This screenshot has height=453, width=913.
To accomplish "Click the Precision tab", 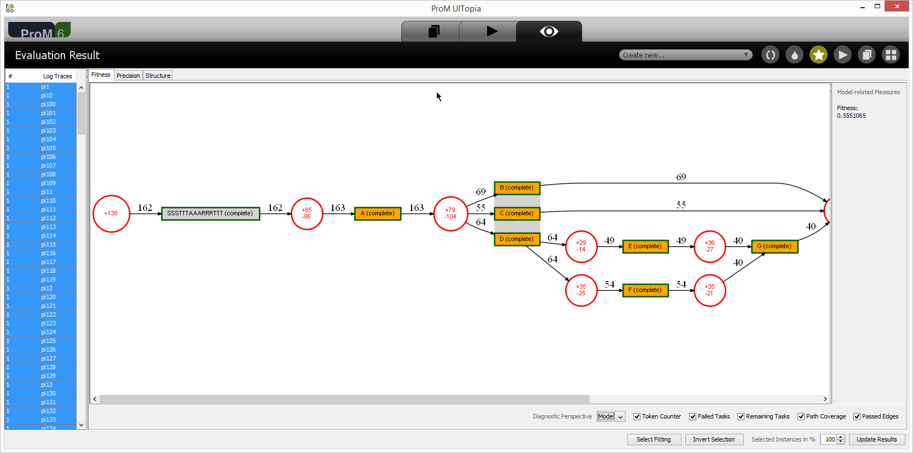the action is click(x=128, y=76).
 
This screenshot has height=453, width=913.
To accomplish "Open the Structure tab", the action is click(x=158, y=76).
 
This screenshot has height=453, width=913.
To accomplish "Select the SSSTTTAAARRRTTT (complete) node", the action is click(x=210, y=213).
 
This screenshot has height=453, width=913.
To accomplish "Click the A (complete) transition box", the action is click(x=378, y=213).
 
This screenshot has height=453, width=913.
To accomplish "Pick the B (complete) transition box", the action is click(x=517, y=188).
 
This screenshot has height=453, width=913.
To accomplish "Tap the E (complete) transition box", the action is click(x=645, y=246).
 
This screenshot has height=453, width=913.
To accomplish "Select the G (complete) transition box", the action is click(x=775, y=246).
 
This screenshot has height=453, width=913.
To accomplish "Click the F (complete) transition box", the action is click(x=645, y=290).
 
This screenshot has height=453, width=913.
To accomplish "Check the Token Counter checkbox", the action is click(x=637, y=416).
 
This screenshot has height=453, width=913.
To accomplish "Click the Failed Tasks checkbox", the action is click(x=692, y=416).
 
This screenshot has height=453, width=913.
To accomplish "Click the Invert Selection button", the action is click(x=714, y=439).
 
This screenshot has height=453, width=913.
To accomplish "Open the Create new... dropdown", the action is click(x=685, y=55).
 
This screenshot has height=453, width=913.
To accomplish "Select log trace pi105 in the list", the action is click(x=48, y=148).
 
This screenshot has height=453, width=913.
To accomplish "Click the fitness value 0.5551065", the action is click(x=852, y=116).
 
